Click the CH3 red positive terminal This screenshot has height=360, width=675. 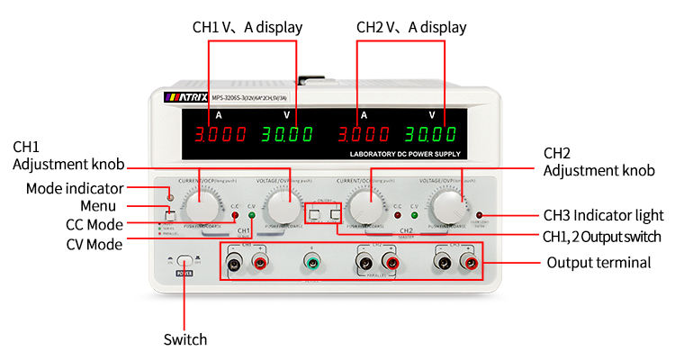tap(469, 263)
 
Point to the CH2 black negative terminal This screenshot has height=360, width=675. tap(365, 263)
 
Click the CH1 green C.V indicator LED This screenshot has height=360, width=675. tap(252, 216)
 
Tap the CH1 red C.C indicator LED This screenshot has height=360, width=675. tap(234, 216)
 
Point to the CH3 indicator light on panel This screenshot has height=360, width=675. tap(479, 216)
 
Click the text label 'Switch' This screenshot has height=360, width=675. tap(184, 339)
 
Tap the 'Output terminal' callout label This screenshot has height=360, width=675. tap(598, 263)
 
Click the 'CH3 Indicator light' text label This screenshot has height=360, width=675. tap(604, 215)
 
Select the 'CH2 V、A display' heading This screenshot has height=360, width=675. tap(411, 27)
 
